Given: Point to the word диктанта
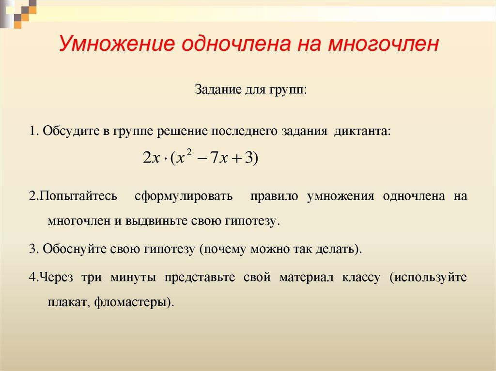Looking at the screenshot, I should pos(361,132).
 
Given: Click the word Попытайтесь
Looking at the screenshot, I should pos(78,196).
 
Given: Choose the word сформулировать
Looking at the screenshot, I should pos(184,196).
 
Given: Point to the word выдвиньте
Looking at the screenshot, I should pos(150,221).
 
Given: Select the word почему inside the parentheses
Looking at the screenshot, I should pos(225,249).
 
